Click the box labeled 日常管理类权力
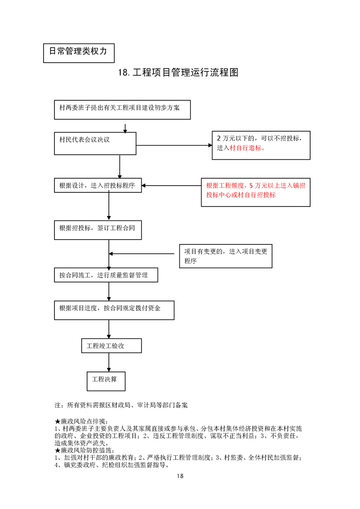pyautogui.click(x=78, y=52)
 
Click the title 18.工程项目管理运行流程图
pyautogui.click(x=178, y=73)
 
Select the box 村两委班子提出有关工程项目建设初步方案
pyautogui.click(x=122, y=109)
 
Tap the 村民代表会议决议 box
pyautogui.click(x=95, y=143)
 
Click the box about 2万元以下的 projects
pyautogui.click(x=261, y=145)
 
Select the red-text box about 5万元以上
pyautogui.click(x=256, y=192)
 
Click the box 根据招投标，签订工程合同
pyautogui.click(x=97, y=229)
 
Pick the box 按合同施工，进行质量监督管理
pyautogui.click(x=106, y=275)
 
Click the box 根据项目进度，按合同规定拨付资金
pyautogui.click(x=113, y=310)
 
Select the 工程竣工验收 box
pyautogui.click(x=111, y=346)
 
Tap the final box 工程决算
pyautogui.click(x=106, y=380)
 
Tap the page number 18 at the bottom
pyautogui.click(x=180, y=476)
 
